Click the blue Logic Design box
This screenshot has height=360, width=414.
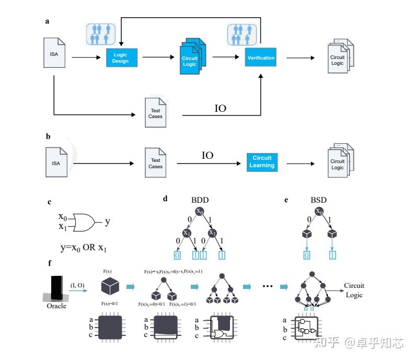pyautogui.click(x=121, y=57)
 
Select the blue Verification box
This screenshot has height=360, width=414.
pyautogui.click(x=260, y=57)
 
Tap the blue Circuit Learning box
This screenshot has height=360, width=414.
pyautogui.click(x=262, y=162)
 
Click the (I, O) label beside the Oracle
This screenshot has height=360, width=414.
pyautogui.click(x=79, y=284)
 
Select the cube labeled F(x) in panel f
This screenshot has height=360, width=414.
pyautogui.click(x=110, y=286)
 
